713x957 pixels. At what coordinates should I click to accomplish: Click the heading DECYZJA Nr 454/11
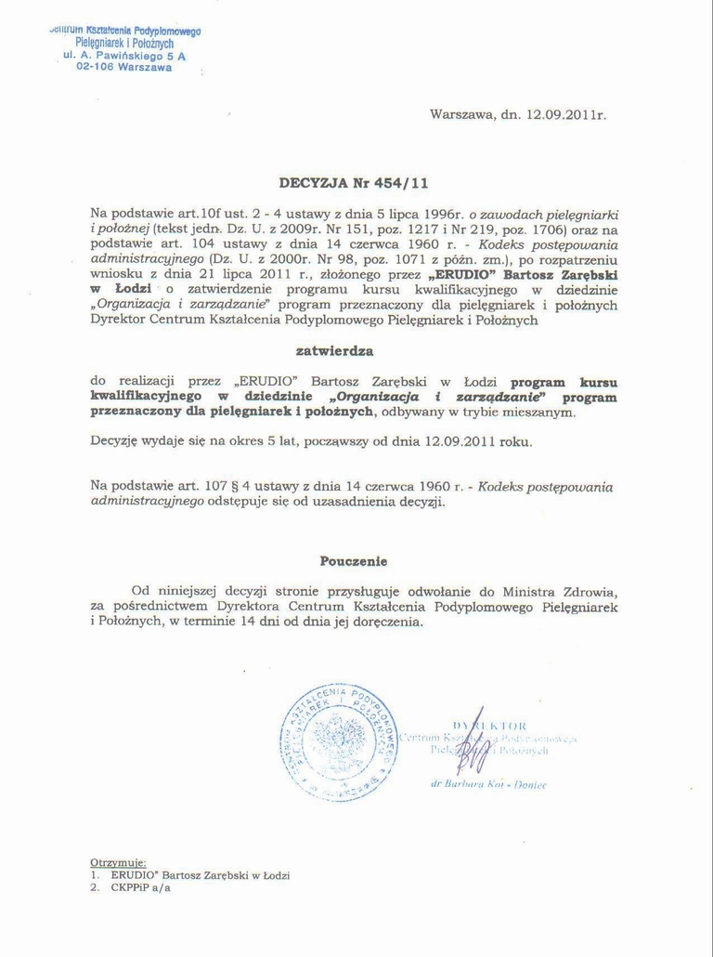point(354,183)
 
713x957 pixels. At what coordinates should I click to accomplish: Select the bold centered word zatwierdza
point(334,351)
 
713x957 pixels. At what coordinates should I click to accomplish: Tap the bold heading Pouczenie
point(354,561)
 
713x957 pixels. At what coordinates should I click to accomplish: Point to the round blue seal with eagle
point(339,741)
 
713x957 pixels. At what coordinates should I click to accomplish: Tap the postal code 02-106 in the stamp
point(95,68)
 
